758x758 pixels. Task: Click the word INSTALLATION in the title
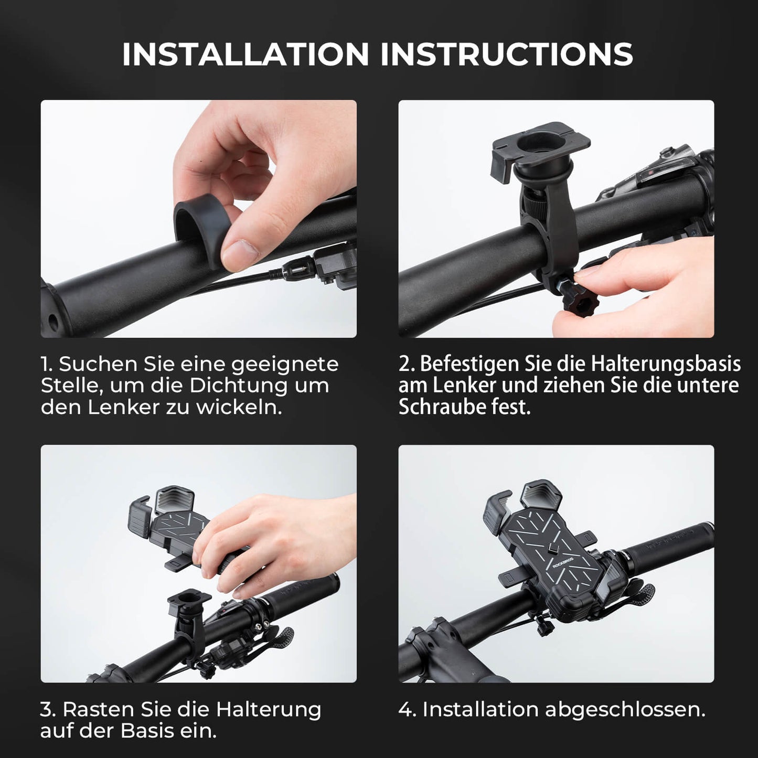coord(245,54)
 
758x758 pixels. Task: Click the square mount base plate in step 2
coord(540,142)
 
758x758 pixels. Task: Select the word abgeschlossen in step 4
coord(625,709)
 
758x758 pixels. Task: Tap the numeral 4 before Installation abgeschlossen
coord(406,709)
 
